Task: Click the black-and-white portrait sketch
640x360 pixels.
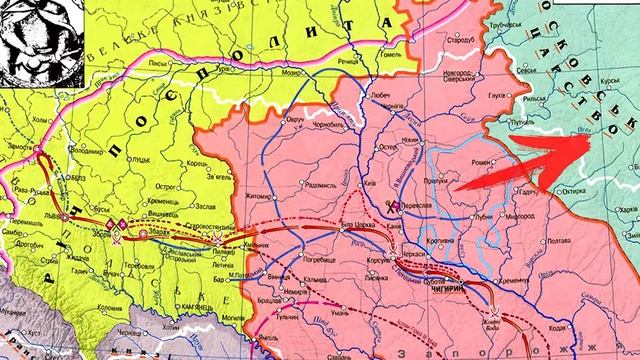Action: point(36,38)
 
